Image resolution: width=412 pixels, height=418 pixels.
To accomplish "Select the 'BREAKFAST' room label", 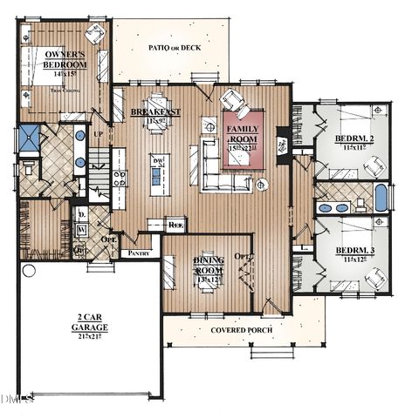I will tap(155, 112).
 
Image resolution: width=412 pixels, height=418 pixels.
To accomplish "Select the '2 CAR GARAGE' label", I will tap(90, 321).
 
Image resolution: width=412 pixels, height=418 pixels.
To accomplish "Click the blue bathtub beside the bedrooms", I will tap(381, 198).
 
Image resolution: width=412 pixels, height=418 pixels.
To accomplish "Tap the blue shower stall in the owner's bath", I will tap(30, 138).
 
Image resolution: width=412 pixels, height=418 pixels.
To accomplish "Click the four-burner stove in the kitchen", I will tap(119, 179).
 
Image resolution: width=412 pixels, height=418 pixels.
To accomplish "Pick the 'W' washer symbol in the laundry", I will tap(81, 230).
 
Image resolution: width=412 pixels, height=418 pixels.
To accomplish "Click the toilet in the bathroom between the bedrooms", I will tap(360, 205).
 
